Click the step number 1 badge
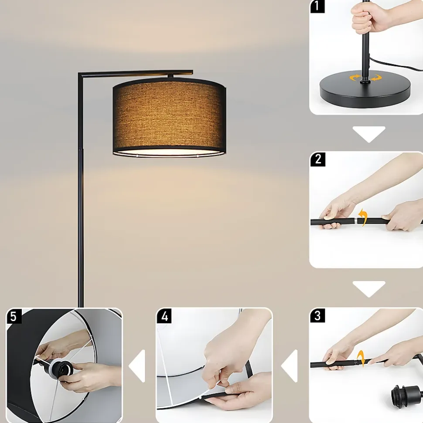[x=317, y=6]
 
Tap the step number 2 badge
[x=318, y=159]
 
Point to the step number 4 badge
[x=164, y=316]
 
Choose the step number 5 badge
[x=14, y=316]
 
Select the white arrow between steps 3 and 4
[x=289, y=366]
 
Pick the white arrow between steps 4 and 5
[x=137, y=366]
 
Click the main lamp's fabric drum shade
[x=169, y=117]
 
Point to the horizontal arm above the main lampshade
[x=136, y=73]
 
